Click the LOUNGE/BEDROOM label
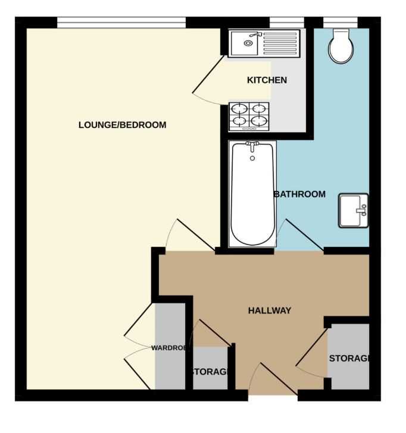[123, 125]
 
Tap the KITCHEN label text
[267, 80]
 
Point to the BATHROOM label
[299, 194]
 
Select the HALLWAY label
[270, 310]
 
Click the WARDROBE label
[168, 348]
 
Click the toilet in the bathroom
[341, 46]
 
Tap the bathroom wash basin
[354, 211]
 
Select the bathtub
[252, 194]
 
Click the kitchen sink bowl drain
[248, 43]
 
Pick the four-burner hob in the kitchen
[249, 117]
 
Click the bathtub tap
[252, 146]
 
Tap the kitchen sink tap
[255, 34]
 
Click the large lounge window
[121, 23]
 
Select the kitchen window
[286, 23]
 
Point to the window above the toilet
[341, 23]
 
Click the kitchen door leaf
[208, 74]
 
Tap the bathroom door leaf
[304, 235]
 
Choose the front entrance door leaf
[279, 379]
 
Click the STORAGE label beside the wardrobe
[210, 372]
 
